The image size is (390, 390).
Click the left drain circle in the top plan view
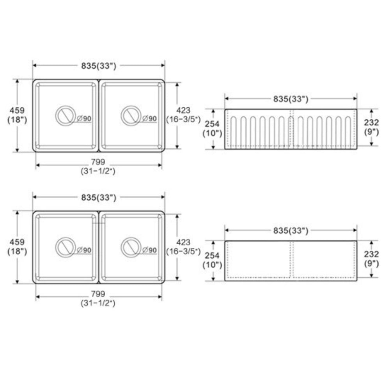tap(65, 116)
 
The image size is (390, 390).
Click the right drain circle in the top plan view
tap(131, 116)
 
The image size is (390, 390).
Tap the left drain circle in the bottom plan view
tap(65, 247)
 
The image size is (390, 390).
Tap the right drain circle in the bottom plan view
tap(131, 247)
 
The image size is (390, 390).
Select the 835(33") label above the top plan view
tap(99, 66)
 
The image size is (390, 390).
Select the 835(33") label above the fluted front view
tap(291, 99)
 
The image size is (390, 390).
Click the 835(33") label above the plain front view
tap(291, 231)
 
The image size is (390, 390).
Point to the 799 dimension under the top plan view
tap(98, 162)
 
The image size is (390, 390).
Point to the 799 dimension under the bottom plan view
tap(98, 294)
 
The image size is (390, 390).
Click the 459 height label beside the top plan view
tap(17, 110)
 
